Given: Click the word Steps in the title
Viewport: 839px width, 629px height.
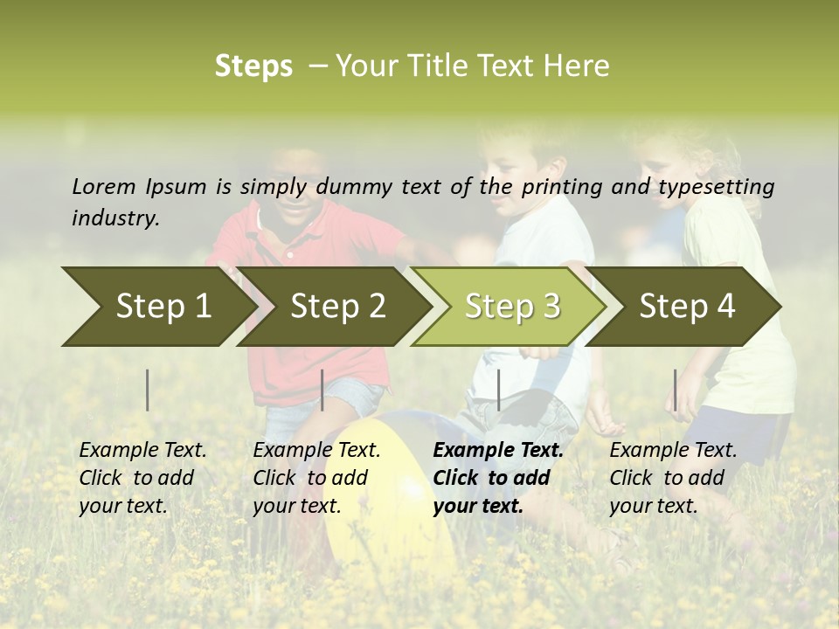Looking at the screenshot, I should point(253,66).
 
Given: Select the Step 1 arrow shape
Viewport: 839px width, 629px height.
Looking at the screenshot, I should point(157,306).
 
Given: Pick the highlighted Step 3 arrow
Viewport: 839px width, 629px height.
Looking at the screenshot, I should point(512,306).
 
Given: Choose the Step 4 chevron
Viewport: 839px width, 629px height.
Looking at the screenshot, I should point(687,306).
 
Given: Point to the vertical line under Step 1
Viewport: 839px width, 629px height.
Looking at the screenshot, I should point(148,390).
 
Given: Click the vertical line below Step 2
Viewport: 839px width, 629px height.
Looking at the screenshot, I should point(322,390).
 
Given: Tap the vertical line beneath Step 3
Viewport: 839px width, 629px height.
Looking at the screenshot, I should point(498,390).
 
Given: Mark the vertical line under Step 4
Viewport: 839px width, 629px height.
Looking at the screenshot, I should point(675,390).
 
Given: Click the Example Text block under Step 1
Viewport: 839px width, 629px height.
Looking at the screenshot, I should point(142,478).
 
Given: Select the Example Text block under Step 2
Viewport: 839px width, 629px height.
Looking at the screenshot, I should point(316,478).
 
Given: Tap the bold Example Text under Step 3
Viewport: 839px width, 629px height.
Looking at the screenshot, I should point(497,478).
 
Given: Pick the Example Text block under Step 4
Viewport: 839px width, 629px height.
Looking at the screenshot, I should point(673,478).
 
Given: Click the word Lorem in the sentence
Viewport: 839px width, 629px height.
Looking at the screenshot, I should point(103,186).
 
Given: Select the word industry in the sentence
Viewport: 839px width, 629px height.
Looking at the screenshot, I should point(114,218).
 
